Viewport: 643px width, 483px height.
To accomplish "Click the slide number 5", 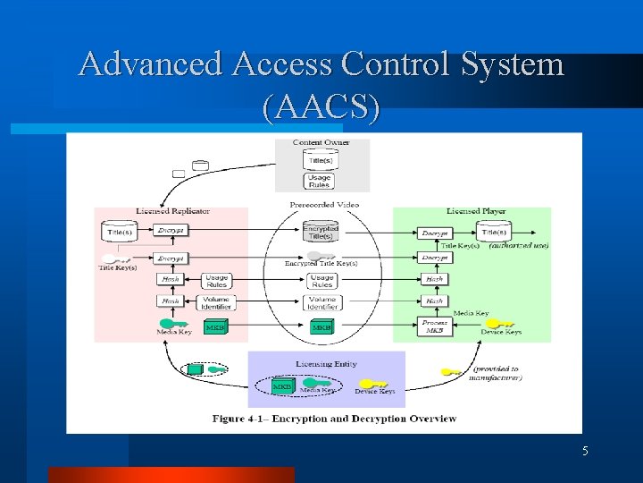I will pos(585,452).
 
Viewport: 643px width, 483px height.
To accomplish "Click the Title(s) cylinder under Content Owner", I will pos(320,159).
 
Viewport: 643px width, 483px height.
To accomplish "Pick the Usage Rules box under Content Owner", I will pos(320,181).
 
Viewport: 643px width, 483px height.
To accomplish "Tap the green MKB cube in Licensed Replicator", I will pos(215,327).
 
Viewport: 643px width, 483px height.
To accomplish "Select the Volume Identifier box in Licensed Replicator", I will pos(216,303).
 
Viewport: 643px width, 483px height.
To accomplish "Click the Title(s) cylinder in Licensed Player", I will pos(493,232).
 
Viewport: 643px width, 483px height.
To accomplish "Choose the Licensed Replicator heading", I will pos(173,211).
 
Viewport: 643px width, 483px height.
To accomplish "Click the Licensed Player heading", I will pos(476,211).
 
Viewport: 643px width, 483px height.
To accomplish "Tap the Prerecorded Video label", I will pos(324,205).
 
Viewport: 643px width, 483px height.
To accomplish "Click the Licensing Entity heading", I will pos(326,364).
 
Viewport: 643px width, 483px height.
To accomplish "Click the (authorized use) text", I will pos(518,246).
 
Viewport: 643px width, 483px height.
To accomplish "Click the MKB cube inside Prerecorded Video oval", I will pos(321,328).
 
